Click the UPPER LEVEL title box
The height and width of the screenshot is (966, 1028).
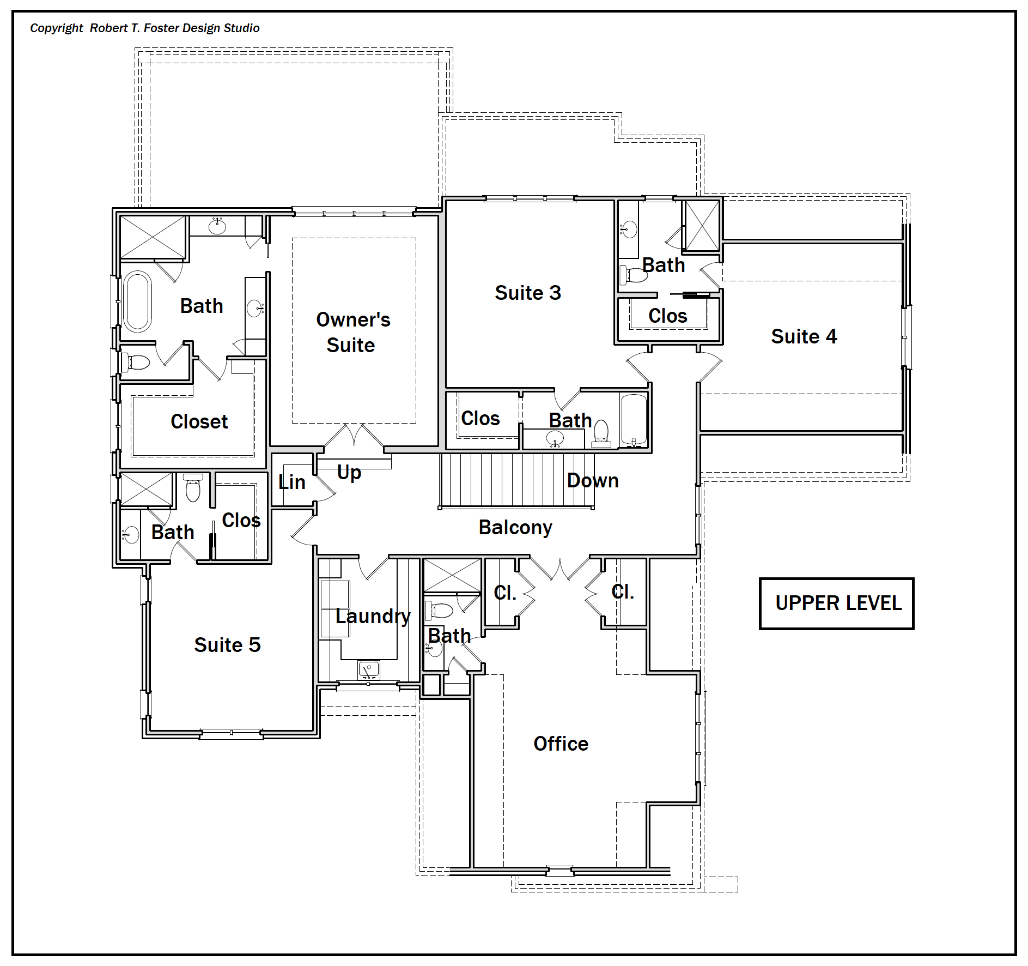click(836, 603)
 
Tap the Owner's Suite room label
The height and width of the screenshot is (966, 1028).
click(352, 332)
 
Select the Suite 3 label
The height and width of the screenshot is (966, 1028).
click(527, 293)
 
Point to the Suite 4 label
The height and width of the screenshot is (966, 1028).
click(804, 336)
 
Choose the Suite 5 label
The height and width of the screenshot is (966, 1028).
click(227, 645)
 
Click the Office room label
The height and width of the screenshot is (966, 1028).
click(561, 744)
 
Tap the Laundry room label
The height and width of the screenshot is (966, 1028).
click(373, 617)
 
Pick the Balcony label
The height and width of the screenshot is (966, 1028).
click(515, 528)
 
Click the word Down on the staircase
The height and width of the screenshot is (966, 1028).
click(593, 480)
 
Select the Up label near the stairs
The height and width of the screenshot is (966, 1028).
click(349, 473)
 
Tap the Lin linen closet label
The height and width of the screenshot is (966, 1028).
click(291, 482)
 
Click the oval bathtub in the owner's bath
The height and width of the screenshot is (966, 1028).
click(137, 301)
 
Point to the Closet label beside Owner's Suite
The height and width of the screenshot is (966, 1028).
click(199, 421)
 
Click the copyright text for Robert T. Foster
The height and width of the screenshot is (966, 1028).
click(144, 28)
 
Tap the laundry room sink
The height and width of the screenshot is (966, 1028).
click(368, 669)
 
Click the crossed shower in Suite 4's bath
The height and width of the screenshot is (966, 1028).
click(702, 226)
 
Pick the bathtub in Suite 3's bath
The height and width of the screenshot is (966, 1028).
click(634, 419)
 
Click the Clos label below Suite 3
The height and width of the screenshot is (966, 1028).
click(480, 418)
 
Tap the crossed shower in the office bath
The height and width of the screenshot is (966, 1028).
click(452, 575)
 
